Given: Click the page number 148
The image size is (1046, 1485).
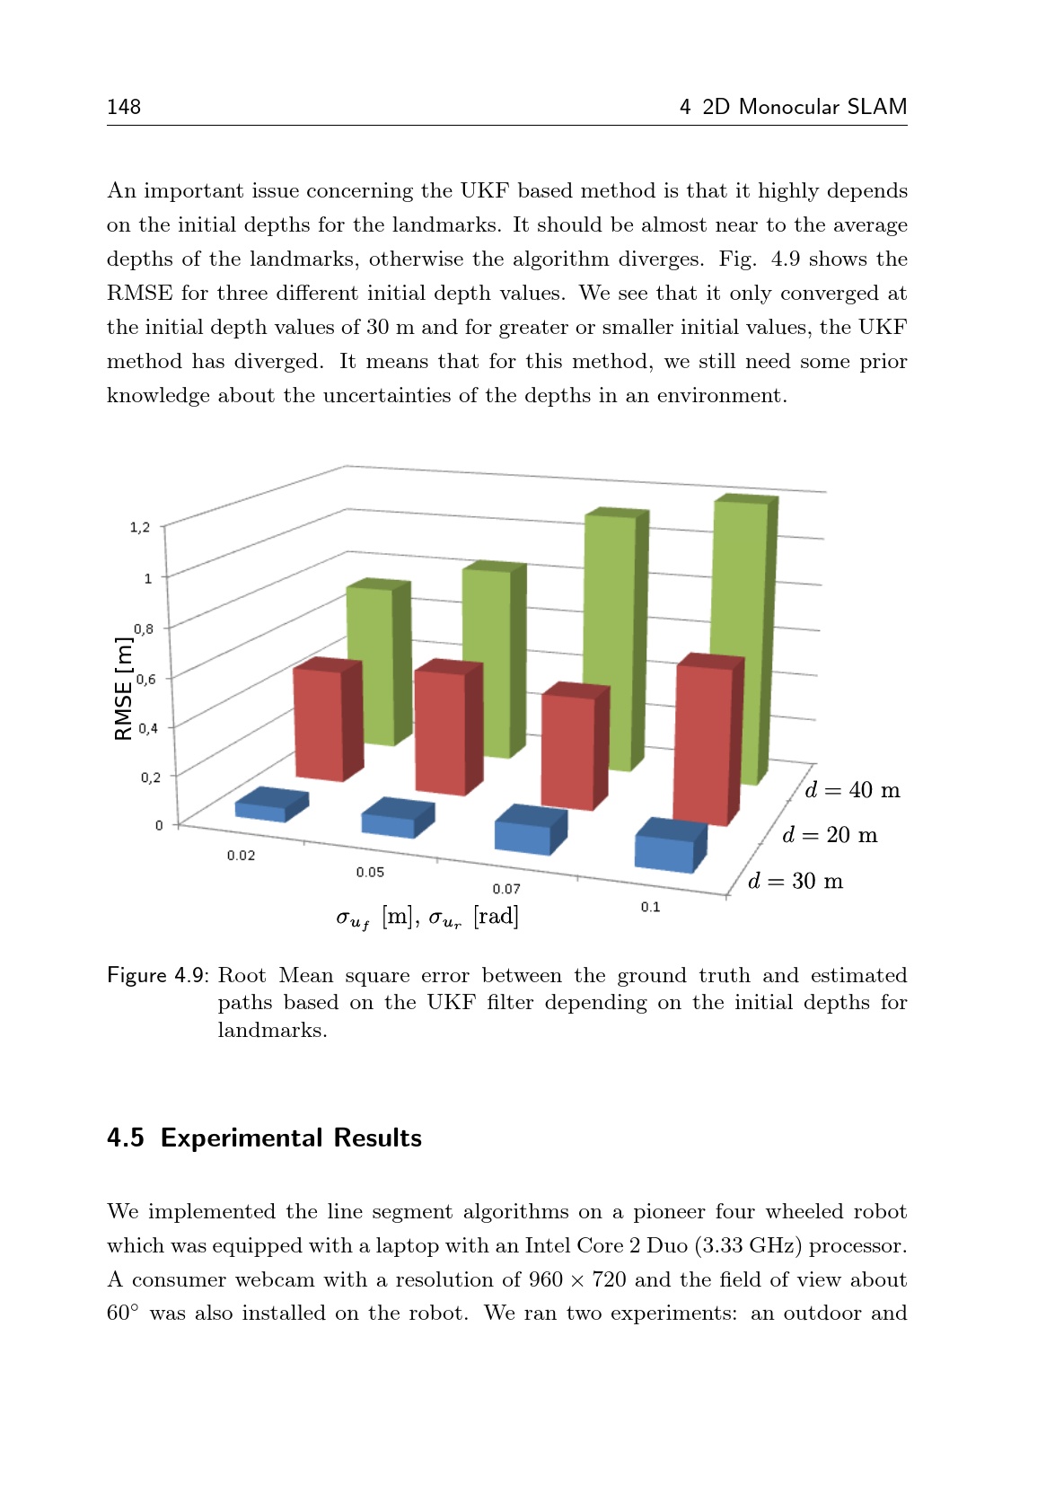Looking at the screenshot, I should (x=124, y=107).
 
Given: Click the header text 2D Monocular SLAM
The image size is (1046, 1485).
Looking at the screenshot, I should (x=804, y=107).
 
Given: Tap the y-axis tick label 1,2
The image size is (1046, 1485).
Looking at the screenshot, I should (x=140, y=527).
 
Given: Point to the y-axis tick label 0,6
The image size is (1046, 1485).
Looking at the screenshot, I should (x=145, y=679).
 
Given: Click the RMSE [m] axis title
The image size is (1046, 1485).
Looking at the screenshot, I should (x=124, y=689).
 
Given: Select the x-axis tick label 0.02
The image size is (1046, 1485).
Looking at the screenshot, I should (x=241, y=856).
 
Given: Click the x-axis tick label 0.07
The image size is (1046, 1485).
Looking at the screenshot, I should (x=506, y=889).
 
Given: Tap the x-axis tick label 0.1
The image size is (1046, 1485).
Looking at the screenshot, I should (x=650, y=907).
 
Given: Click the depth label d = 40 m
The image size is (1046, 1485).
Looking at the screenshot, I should (x=852, y=790).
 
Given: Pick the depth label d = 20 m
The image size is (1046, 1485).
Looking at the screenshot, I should (x=830, y=835).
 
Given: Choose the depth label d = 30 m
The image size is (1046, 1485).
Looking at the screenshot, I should (x=795, y=881).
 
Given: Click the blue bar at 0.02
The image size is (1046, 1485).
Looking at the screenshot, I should (x=269, y=804).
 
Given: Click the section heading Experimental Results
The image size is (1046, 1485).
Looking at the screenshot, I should (x=291, y=1138).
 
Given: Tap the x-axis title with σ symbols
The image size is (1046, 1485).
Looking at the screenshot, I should (x=427, y=918).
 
